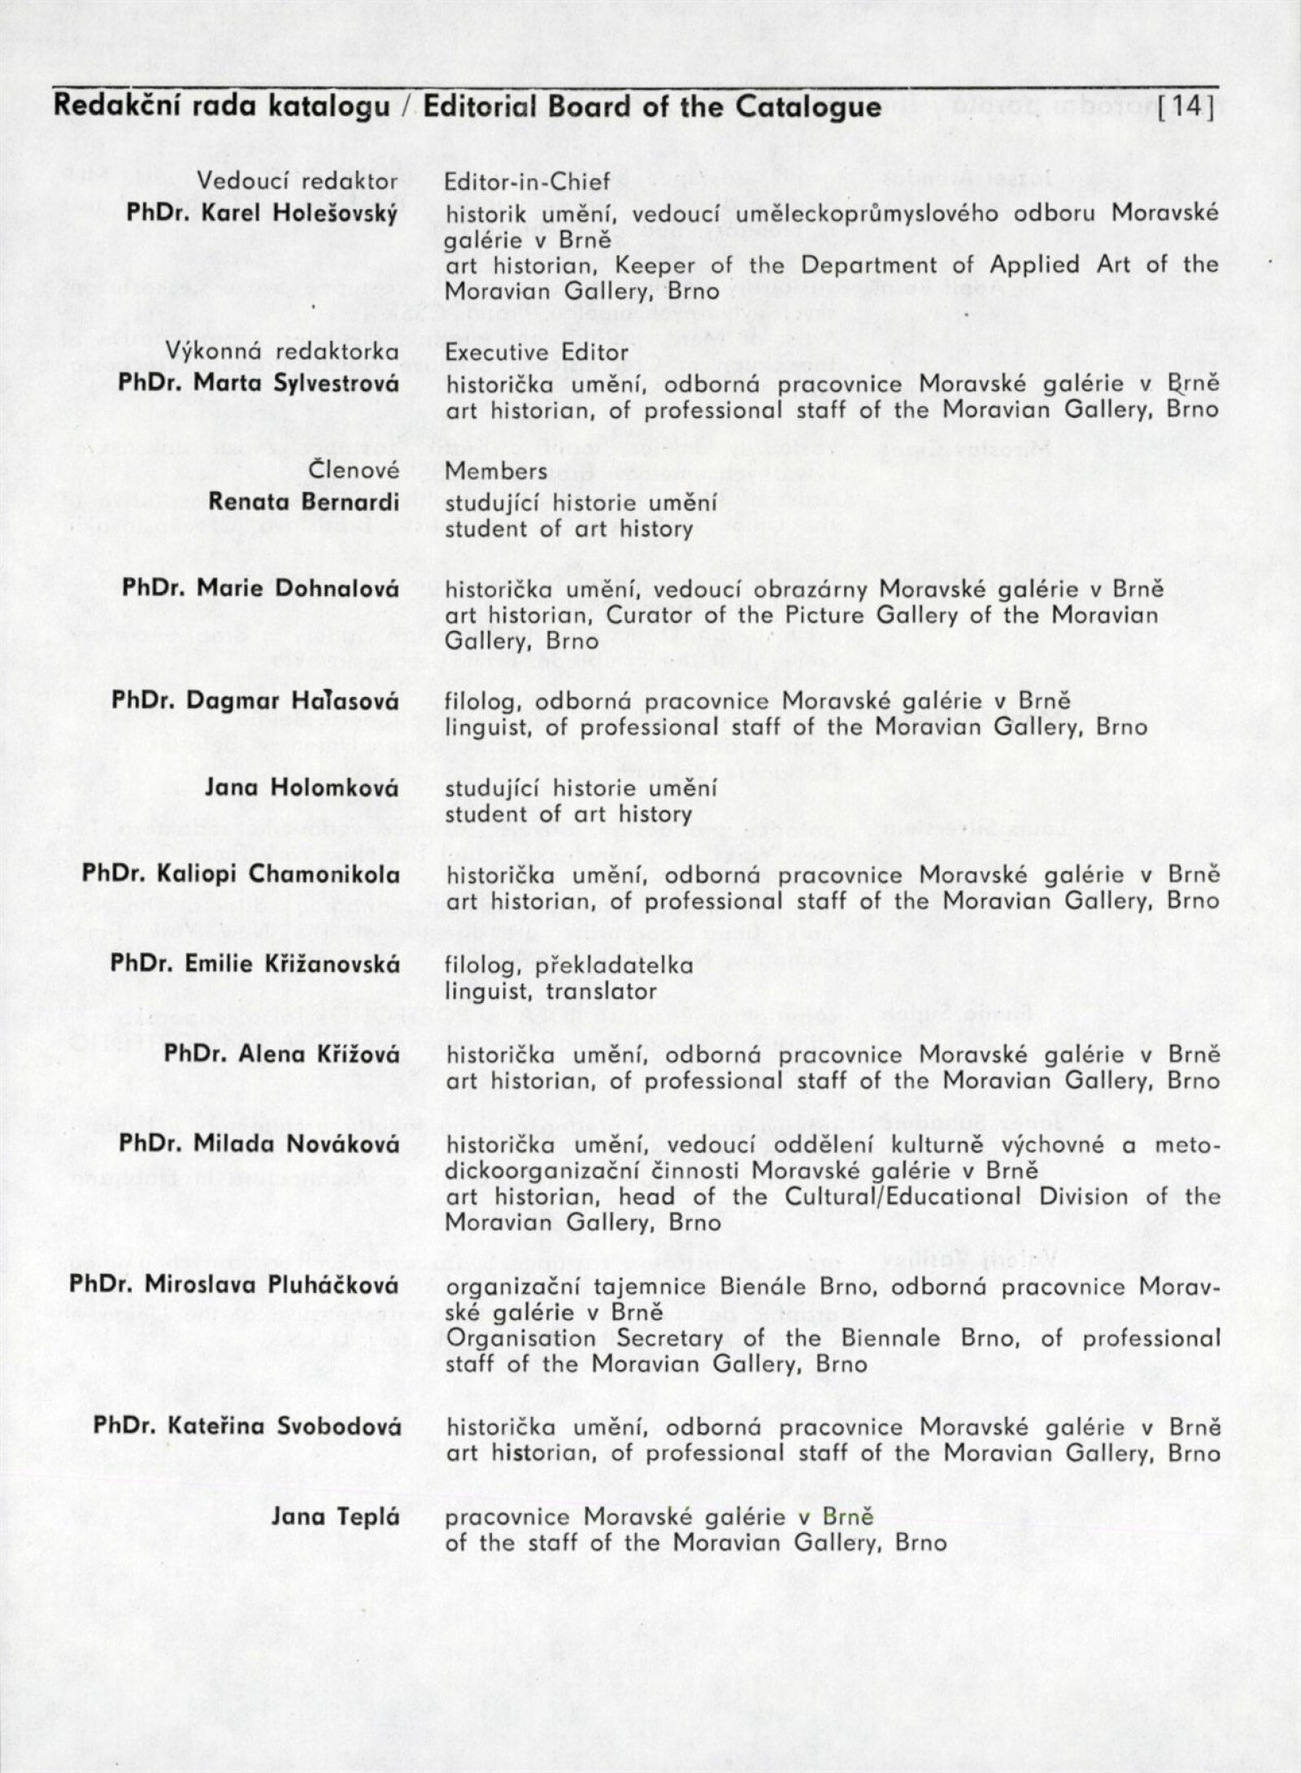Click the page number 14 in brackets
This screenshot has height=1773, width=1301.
coord(1188,109)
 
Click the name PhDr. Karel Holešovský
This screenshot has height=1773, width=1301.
coord(263,215)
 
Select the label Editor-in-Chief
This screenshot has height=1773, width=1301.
coord(527,183)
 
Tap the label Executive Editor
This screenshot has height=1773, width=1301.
coord(537,353)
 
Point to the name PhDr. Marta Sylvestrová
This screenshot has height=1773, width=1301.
coord(259,383)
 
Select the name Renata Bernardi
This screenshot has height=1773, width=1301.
coord(303,502)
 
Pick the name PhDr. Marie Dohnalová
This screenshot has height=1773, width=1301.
coord(259,588)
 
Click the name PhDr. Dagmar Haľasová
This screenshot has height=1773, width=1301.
coord(255,700)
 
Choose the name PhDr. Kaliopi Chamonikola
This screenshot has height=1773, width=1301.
coord(240,874)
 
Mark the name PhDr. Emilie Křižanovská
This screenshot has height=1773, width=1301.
coord(255,964)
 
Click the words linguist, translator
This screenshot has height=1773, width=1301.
coord(550,991)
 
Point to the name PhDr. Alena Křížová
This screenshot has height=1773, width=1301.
coord(281,1053)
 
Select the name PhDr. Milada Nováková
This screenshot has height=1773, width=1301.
coord(259,1144)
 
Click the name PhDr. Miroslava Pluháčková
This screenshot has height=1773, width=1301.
coord(234,1285)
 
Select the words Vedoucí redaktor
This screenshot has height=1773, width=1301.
coord(298,183)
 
